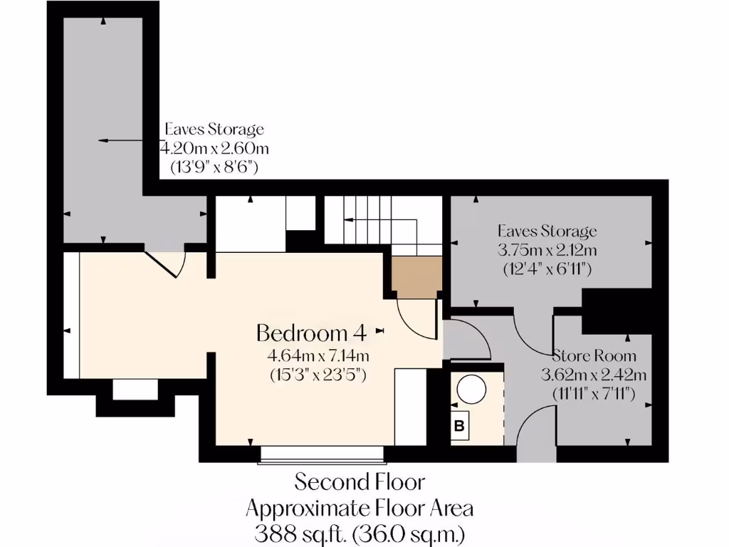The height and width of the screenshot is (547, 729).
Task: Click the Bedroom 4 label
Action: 311,333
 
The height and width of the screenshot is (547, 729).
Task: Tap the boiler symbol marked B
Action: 460,427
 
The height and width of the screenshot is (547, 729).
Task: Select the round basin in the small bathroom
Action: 471,390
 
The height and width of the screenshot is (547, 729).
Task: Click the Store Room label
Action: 594,355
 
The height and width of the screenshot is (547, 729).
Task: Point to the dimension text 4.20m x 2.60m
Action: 214,148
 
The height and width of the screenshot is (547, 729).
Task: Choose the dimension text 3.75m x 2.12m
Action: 547,250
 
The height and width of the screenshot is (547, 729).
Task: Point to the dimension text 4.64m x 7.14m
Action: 318,355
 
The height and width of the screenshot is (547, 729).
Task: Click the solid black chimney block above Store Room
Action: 617,311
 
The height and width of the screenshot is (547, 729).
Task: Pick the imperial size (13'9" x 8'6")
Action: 214,167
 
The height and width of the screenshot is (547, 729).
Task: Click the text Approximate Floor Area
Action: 360,508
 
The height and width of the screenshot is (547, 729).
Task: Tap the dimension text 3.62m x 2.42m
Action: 594,374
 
